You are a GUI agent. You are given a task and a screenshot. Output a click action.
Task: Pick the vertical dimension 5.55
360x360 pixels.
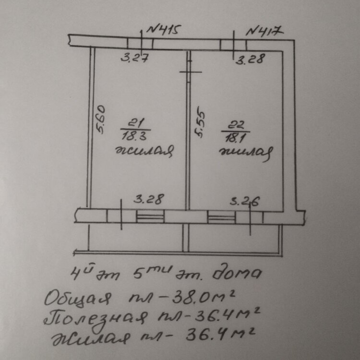pos(201,125)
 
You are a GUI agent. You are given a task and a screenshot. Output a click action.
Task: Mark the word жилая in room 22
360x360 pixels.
pos(246,153)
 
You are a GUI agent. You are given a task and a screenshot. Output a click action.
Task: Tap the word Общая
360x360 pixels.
pos(79,299)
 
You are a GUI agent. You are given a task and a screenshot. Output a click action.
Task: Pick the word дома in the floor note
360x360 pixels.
pos(240,274)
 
